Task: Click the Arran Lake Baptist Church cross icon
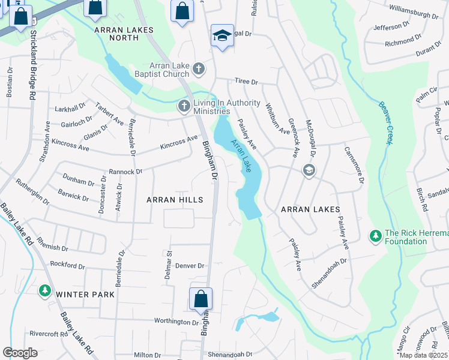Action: pyautogui.click(x=199, y=70)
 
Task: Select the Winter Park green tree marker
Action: pyautogui.click(x=44, y=292)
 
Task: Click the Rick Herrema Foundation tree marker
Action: pyautogui.click(x=375, y=236)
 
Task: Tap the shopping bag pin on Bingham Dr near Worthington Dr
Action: pyautogui.click(x=200, y=299)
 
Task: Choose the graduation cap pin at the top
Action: pyautogui.click(x=221, y=35)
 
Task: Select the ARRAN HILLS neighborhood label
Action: pyautogui.click(x=175, y=199)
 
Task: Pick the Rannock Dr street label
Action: pyautogui.click(x=125, y=171)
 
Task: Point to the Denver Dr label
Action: pyautogui.click(x=192, y=266)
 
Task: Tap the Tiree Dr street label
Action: pyautogui.click(x=246, y=82)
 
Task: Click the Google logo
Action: pyautogui.click(x=20, y=353)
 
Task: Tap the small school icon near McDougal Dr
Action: pyautogui.click(x=309, y=170)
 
